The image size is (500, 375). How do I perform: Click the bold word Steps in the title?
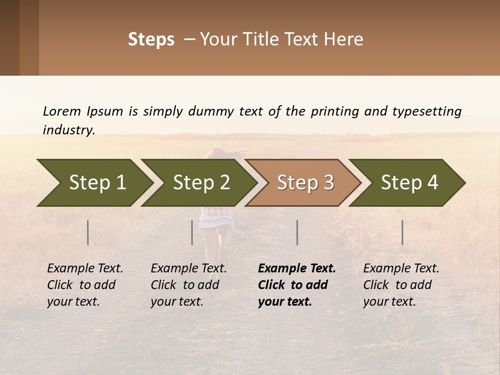click(151, 40)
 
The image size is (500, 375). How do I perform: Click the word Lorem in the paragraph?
click(61, 111)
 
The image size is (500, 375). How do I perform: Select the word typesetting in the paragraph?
click(427, 111)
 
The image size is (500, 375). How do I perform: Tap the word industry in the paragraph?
click(69, 130)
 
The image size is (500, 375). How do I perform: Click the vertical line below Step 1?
click(88, 232)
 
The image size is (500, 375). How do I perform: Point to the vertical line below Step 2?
click(192, 232)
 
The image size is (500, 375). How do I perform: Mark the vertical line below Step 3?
click(297, 232)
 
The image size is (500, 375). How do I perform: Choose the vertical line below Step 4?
click(403, 232)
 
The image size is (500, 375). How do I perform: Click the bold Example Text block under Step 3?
click(297, 285)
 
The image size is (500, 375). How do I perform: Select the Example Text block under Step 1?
click(85, 285)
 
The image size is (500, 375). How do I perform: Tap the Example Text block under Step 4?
click(401, 285)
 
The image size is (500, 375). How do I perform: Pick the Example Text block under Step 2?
click(189, 285)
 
